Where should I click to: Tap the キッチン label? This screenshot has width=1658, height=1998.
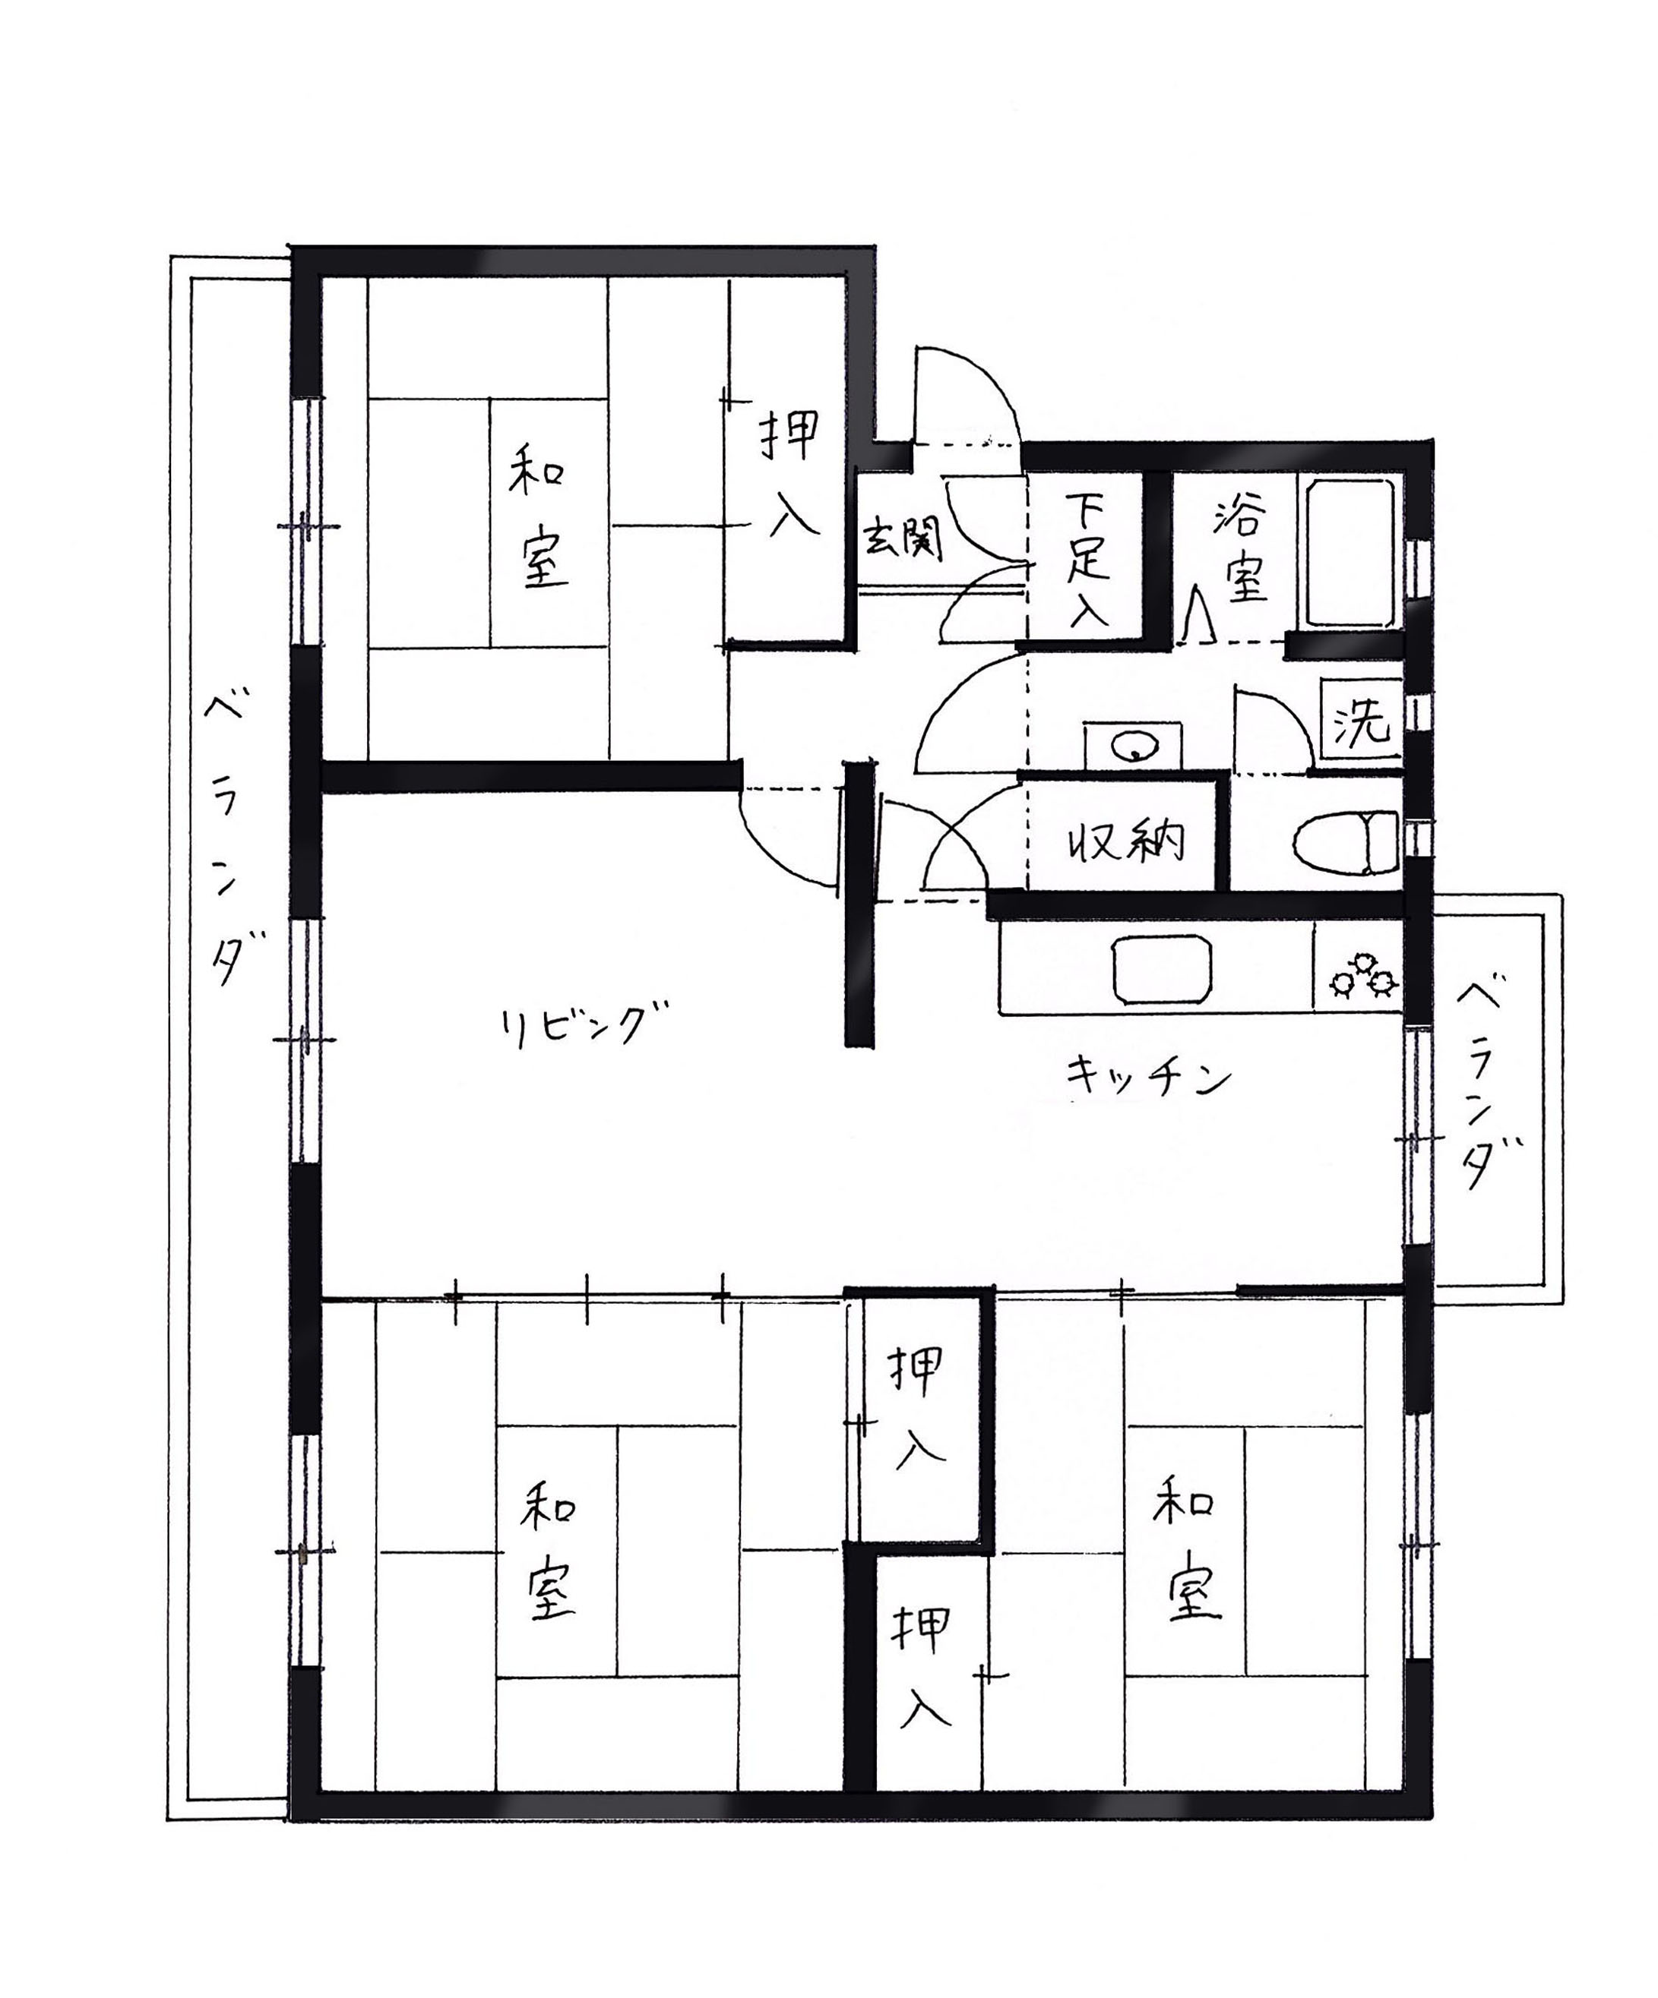[x=1148, y=1078]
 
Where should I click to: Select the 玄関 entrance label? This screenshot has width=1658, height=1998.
[x=901, y=539]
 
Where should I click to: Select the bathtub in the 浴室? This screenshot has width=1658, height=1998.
[x=1350, y=553]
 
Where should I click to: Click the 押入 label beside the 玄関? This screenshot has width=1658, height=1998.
[x=790, y=473]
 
